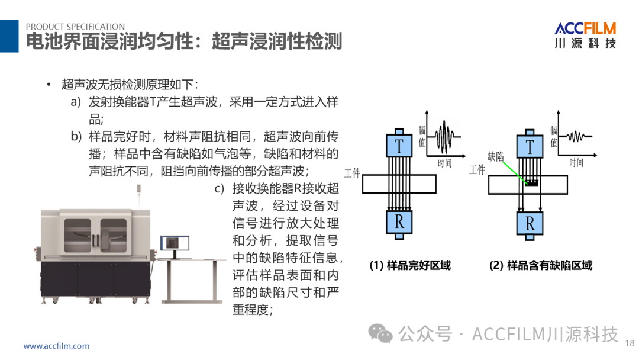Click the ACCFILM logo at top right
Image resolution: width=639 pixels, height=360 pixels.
[x=585, y=28]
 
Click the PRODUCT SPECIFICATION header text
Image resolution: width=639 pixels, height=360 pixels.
[x=75, y=27]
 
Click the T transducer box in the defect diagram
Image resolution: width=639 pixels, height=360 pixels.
[x=530, y=145]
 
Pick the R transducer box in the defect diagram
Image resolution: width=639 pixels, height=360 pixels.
[x=530, y=223]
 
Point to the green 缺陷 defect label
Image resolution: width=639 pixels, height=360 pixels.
[x=496, y=156]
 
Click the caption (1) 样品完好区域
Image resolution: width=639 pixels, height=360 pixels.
[x=410, y=265]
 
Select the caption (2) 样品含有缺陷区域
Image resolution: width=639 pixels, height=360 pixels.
[x=540, y=265]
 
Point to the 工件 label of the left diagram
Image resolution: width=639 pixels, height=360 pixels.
[x=352, y=173]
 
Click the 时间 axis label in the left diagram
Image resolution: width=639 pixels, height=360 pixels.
[x=444, y=163]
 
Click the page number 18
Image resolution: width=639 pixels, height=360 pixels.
[x=629, y=342]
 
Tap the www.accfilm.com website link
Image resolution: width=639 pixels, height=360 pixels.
[x=56, y=346]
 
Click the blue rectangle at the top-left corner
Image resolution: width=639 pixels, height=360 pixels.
[x=9, y=36]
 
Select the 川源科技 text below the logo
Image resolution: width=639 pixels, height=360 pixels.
[x=585, y=44]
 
